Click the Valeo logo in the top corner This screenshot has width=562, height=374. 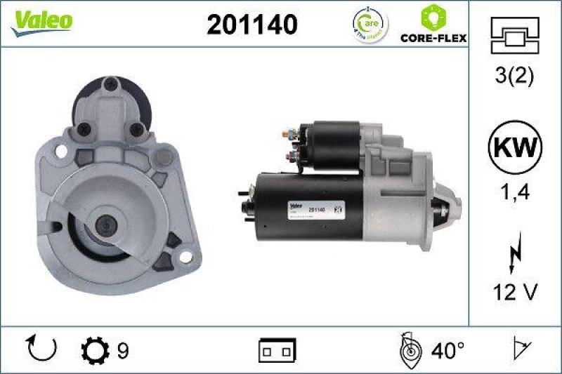pos(41,22)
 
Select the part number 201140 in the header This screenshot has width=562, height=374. pos(251,25)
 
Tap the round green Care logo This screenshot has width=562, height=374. pos(370,25)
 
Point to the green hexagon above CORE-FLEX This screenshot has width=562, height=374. pos(432,16)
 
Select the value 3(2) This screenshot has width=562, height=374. pos(515,75)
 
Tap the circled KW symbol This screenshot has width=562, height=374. pos(515,149)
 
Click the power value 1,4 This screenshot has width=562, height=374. pos(515,191)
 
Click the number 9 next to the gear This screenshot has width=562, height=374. pos(122,349)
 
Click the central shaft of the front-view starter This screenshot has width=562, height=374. pos(106,225)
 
